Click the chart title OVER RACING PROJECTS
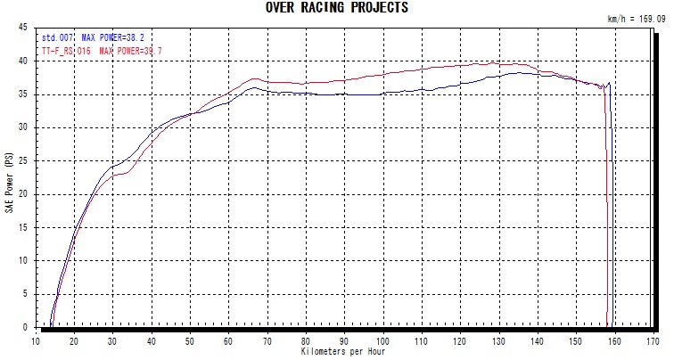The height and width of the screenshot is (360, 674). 337,7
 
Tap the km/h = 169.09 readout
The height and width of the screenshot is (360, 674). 637,18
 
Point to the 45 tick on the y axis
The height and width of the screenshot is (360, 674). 23,28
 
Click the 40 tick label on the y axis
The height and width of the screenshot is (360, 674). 23,61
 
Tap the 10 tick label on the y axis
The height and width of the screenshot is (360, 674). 23,261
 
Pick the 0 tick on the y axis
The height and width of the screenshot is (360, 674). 26,328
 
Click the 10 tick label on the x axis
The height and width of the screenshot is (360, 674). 36,340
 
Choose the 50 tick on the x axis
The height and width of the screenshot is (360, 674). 190,340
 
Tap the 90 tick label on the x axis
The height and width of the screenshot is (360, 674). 344,340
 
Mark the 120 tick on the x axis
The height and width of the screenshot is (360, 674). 460,340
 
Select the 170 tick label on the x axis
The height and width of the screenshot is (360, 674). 653,340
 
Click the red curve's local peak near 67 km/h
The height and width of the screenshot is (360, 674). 255,79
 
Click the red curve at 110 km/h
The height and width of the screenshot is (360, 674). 422,69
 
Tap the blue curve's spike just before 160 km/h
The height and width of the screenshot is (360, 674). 610,83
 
